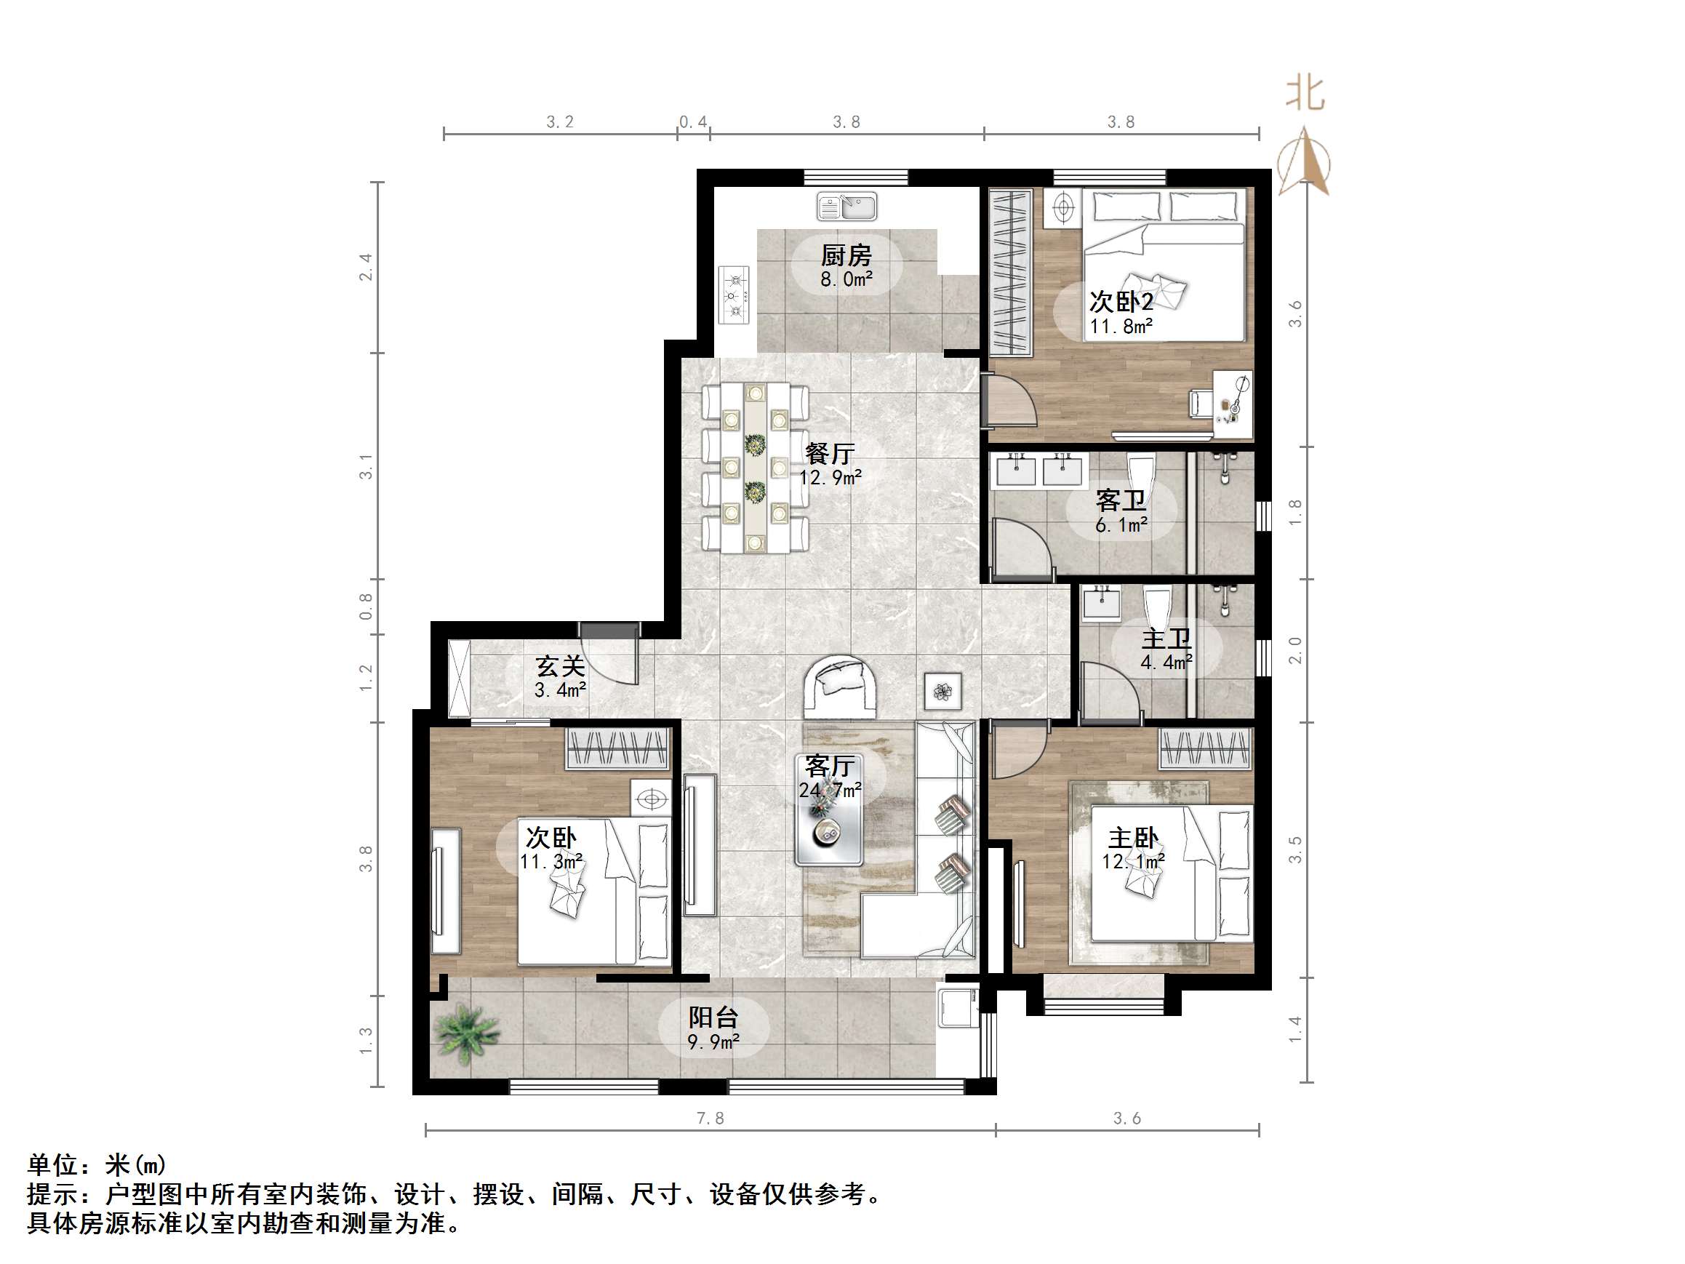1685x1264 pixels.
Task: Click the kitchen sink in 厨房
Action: click(x=846, y=207)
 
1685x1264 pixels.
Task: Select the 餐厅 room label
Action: click(x=830, y=454)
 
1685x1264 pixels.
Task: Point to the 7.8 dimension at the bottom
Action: click(x=709, y=1119)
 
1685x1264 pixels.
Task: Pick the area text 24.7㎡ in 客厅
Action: click(x=830, y=790)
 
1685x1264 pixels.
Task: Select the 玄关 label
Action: click(x=560, y=667)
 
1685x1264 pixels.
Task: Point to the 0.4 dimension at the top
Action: click(x=692, y=122)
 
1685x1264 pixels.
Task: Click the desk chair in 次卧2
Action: click(x=1201, y=402)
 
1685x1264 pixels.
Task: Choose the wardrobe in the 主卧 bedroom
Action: click(x=1205, y=748)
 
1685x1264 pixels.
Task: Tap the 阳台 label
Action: click(x=713, y=1017)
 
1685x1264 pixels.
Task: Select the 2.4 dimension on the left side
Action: click(x=367, y=268)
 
